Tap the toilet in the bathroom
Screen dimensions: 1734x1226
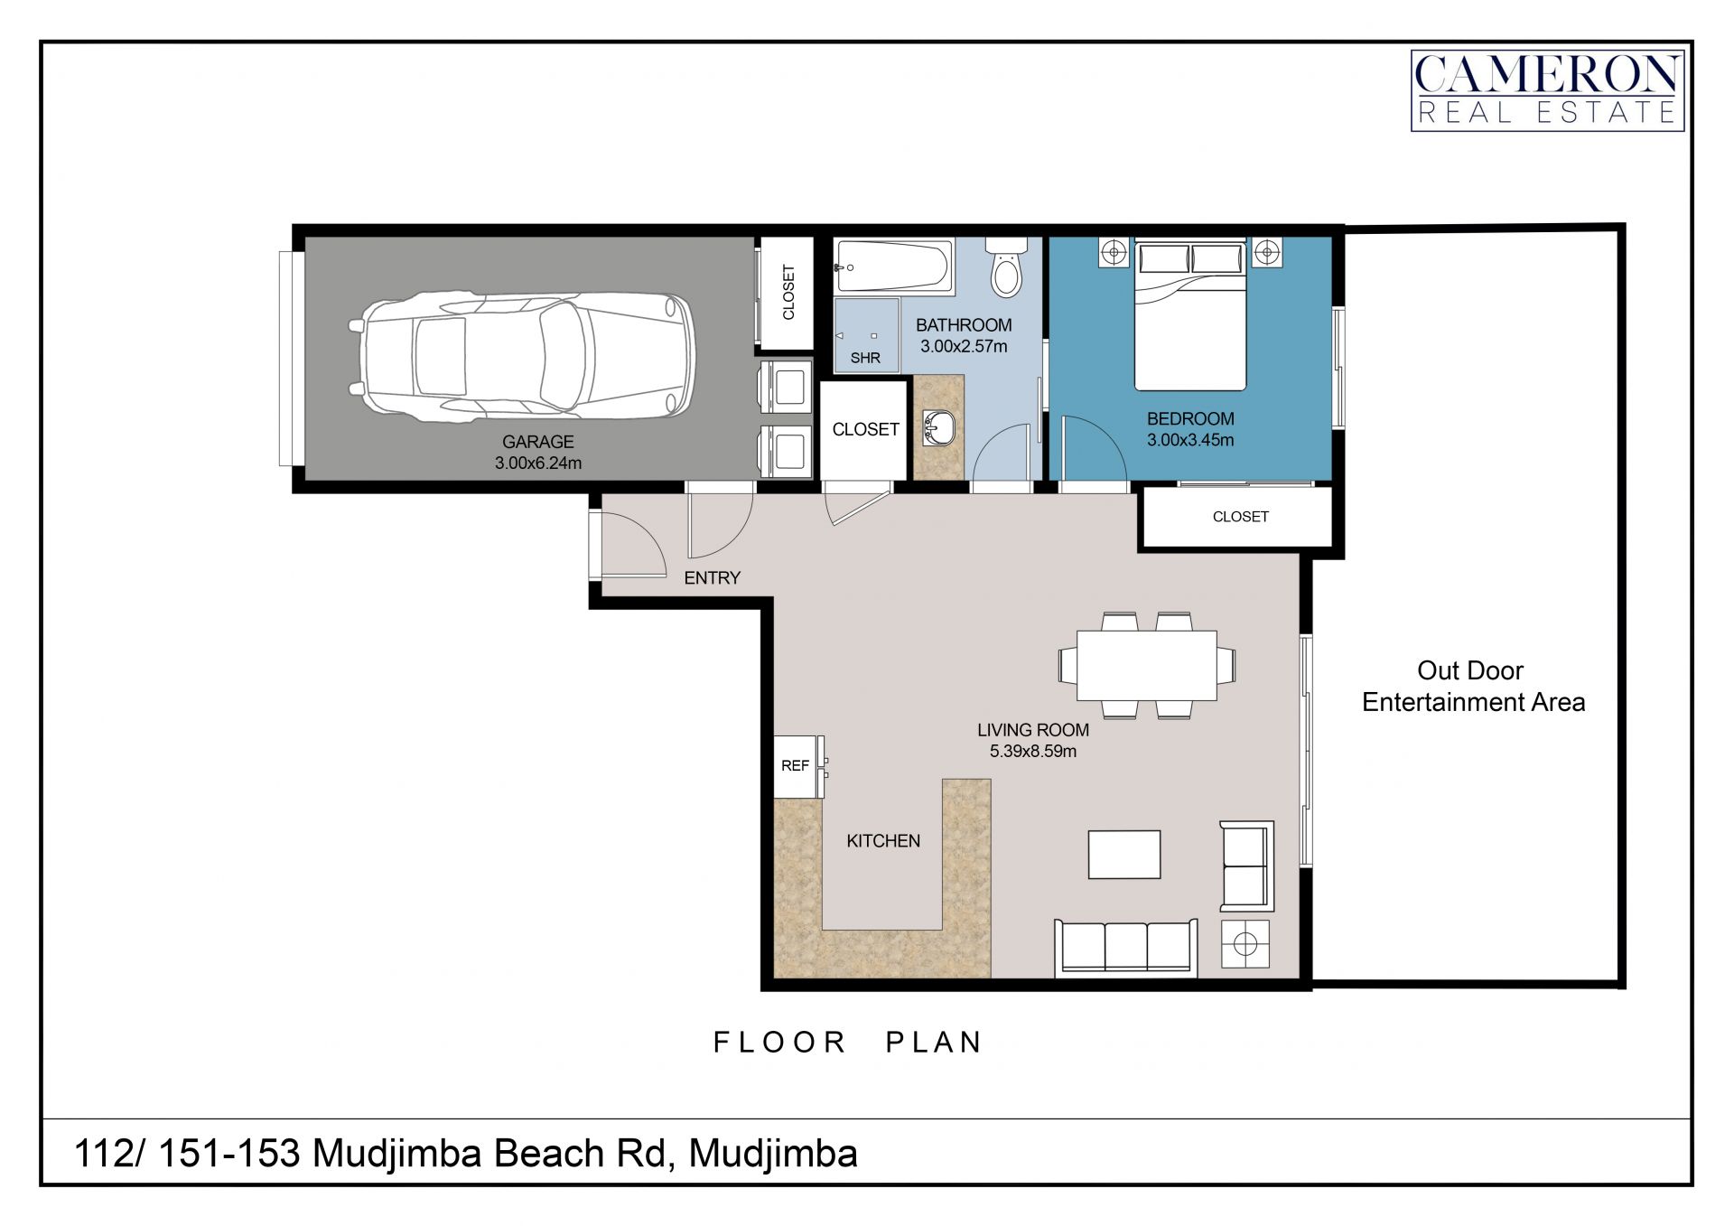pyautogui.click(x=1006, y=266)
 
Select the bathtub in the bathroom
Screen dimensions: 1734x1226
pyautogui.click(x=894, y=267)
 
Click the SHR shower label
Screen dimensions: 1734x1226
pyautogui.click(x=865, y=358)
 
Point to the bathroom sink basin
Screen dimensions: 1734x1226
pyautogui.click(x=939, y=428)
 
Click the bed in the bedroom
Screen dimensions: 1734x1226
pyautogui.click(x=1190, y=315)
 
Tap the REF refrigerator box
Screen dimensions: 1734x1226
pyautogui.click(x=796, y=766)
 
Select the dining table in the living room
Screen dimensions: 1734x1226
pyautogui.click(x=1146, y=666)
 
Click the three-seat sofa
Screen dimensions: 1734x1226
pyautogui.click(x=1126, y=948)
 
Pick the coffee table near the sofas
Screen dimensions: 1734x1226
pyautogui.click(x=1124, y=855)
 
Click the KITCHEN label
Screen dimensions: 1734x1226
pyautogui.click(x=883, y=841)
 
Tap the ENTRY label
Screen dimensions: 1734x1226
pyautogui.click(x=712, y=578)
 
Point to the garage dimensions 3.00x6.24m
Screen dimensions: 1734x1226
pyautogui.click(x=538, y=463)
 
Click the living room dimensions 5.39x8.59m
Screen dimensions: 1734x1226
pyautogui.click(x=1033, y=752)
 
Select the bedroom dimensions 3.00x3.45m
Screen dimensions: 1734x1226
pyautogui.click(x=1190, y=441)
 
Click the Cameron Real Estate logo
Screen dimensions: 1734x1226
pyautogui.click(x=1547, y=90)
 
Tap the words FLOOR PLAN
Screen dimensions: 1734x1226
pyautogui.click(x=847, y=1043)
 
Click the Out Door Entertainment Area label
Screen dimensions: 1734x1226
pyautogui.click(x=1473, y=687)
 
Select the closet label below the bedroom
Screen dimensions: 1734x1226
pyautogui.click(x=1240, y=517)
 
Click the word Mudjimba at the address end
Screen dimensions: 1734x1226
pyautogui.click(x=773, y=1155)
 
